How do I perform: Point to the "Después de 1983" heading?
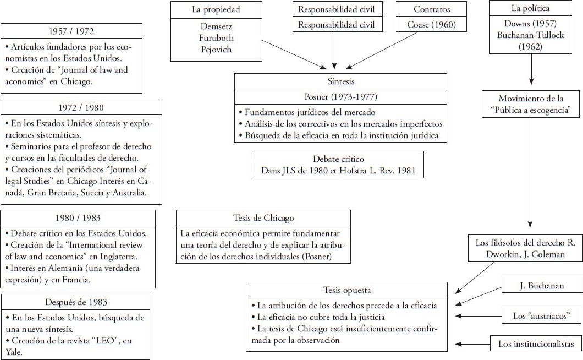coord(75,302)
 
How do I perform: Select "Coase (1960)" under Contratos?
coord(432,25)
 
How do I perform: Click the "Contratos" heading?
coord(432,10)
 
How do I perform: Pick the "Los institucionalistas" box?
coord(536,345)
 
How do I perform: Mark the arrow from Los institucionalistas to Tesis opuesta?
coord(473,345)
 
